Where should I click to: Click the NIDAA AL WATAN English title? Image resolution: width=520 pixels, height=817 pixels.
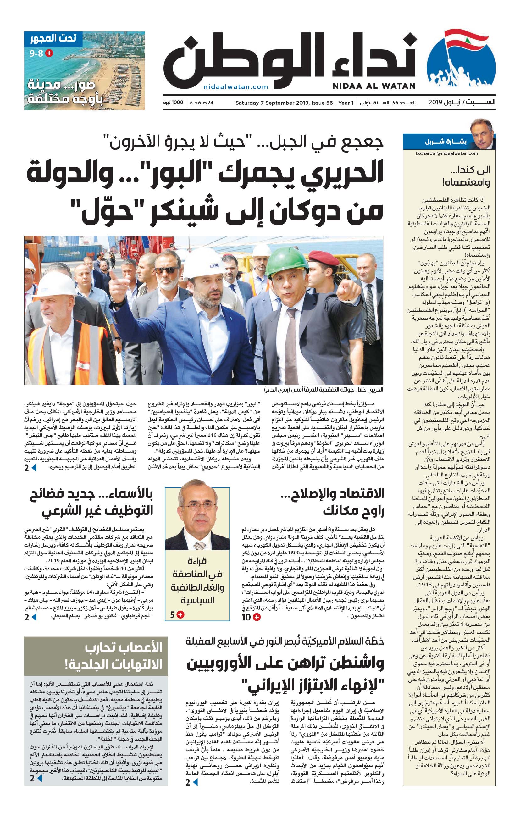coord(373,86)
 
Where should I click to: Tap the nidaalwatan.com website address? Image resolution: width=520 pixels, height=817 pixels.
coord(236,87)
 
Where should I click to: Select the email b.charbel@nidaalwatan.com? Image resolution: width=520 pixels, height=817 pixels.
coord(447,153)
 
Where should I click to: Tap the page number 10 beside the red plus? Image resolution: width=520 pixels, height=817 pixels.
coord(246,618)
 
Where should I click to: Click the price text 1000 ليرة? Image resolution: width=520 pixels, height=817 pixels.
coord(173,103)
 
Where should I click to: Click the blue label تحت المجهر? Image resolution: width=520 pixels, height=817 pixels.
coord(53,38)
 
